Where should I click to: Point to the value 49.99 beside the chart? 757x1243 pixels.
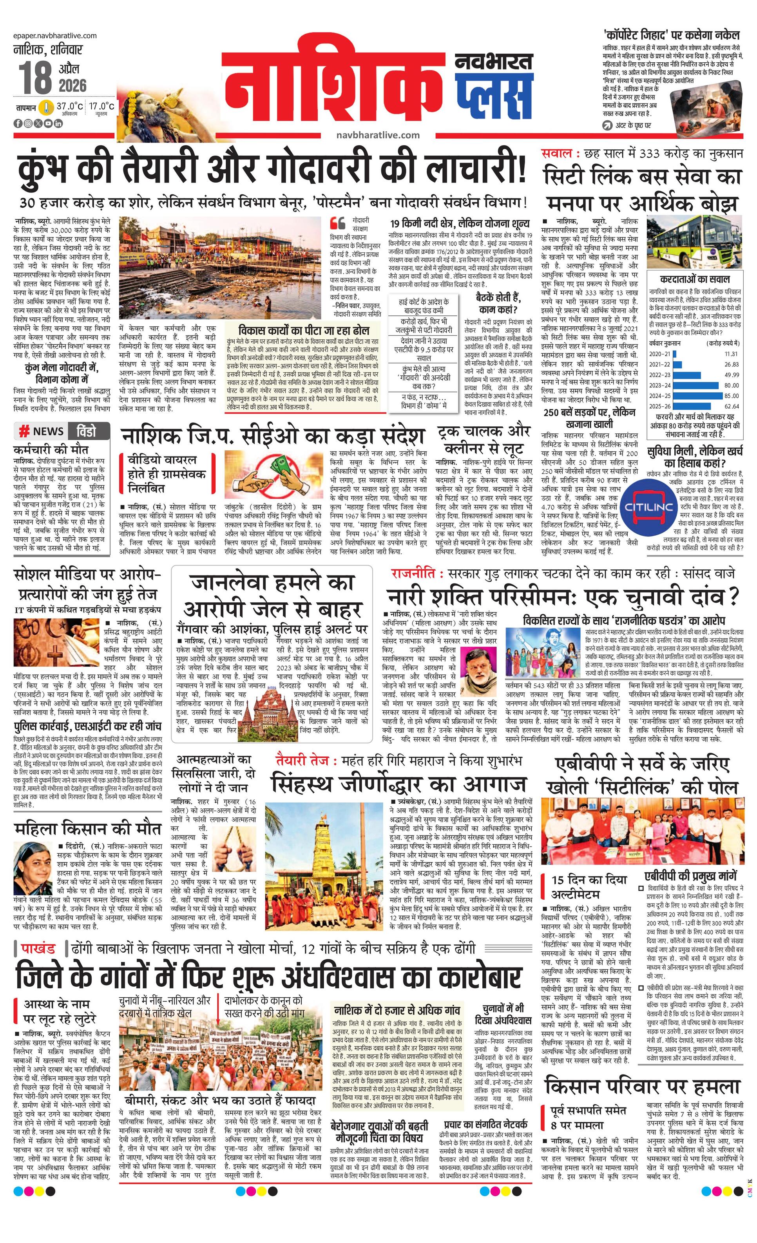tap(731, 375)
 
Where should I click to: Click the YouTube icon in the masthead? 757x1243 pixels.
tap(50, 123)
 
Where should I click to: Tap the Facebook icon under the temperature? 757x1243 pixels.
tap(18, 123)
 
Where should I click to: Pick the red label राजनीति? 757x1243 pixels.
tap(413, 574)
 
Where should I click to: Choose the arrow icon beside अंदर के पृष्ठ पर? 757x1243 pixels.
tap(607, 126)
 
